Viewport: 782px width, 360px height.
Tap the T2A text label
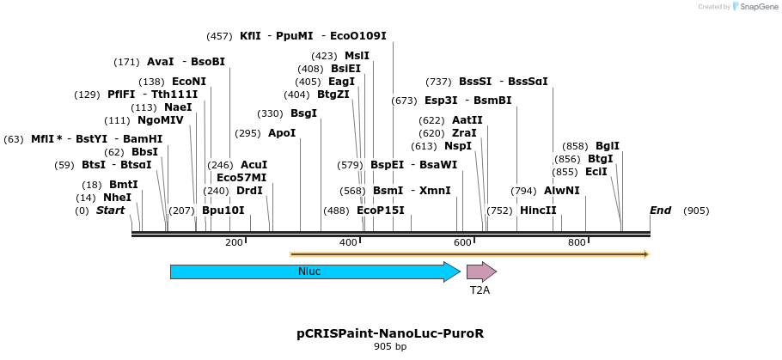[x=480, y=291]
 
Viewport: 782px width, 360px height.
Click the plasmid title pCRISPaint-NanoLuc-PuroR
[x=389, y=333]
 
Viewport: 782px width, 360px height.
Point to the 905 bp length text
[x=389, y=346]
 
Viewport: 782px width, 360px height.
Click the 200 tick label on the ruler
[x=234, y=243]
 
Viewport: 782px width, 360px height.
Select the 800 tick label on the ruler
[x=577, y=243]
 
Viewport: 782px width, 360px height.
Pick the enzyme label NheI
[x=117, y=198]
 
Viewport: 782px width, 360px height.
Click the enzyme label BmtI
[x=123, y=185]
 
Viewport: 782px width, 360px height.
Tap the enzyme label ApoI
[x=282, y=133]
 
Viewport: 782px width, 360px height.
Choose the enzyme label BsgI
[x=303, y=113]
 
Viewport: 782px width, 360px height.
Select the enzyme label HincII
[x=538, y=211]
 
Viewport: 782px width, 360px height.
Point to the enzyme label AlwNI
[x=561, y=191]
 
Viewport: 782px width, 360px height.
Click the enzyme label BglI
[x=608, y=146]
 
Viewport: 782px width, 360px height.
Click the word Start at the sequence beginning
[x=110, y=211]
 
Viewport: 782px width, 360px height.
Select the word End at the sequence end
[x=660, y=211]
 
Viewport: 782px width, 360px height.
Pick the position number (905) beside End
[x=696, y=211]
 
